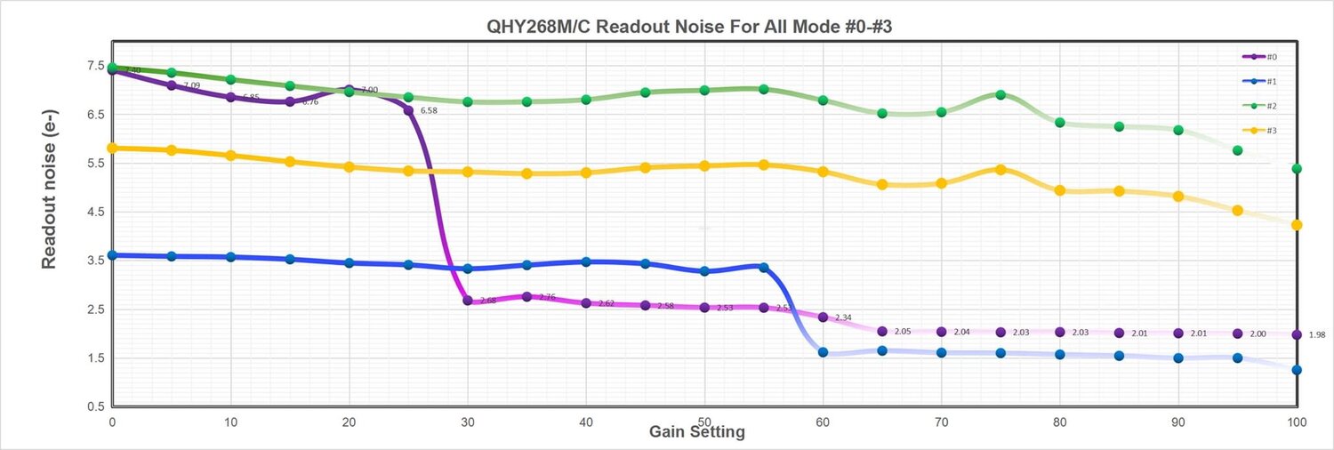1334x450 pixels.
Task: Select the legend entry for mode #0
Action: point(1260,57)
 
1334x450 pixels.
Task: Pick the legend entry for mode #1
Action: point(1260,81)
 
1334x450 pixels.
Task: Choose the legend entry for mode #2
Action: point(1260,106)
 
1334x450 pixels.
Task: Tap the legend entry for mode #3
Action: point(1260,131)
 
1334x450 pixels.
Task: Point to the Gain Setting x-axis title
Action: point(696,432)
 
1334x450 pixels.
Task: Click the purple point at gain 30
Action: point(468,301)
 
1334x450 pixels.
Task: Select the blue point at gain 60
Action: point(823,352)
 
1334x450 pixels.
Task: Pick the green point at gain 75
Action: point(1000,94)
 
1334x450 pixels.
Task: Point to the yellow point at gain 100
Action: point(1297,225)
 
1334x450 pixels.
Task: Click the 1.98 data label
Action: point(1317,335)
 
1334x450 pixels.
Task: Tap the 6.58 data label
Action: point(429,111)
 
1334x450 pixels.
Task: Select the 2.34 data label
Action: point(843,317)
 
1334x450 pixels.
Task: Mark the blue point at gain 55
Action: point(763,267)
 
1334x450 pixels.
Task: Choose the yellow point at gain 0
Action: point(112,148)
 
